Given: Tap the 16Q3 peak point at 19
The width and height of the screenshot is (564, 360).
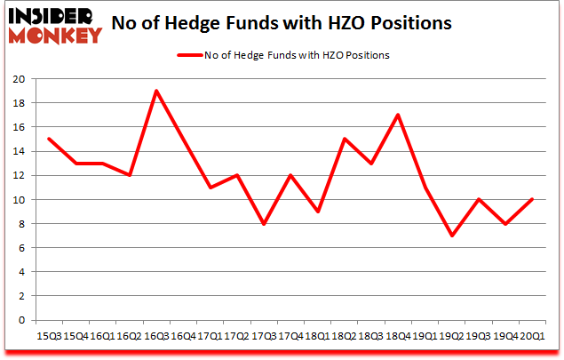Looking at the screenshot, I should coord(155,91).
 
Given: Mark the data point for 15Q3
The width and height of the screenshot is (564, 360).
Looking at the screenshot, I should coord(49,139).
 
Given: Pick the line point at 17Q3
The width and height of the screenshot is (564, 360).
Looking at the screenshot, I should coord(264,224).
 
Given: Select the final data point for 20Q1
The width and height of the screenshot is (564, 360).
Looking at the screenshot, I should coord(532,199).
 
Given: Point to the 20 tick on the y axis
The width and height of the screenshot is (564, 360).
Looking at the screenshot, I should coord(17,78).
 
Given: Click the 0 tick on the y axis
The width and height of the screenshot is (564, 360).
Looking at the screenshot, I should coord(20,320).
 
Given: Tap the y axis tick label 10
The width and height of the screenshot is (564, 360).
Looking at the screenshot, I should coord(17,199).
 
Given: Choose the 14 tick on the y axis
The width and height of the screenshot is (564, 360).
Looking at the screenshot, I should coord(17,151).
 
